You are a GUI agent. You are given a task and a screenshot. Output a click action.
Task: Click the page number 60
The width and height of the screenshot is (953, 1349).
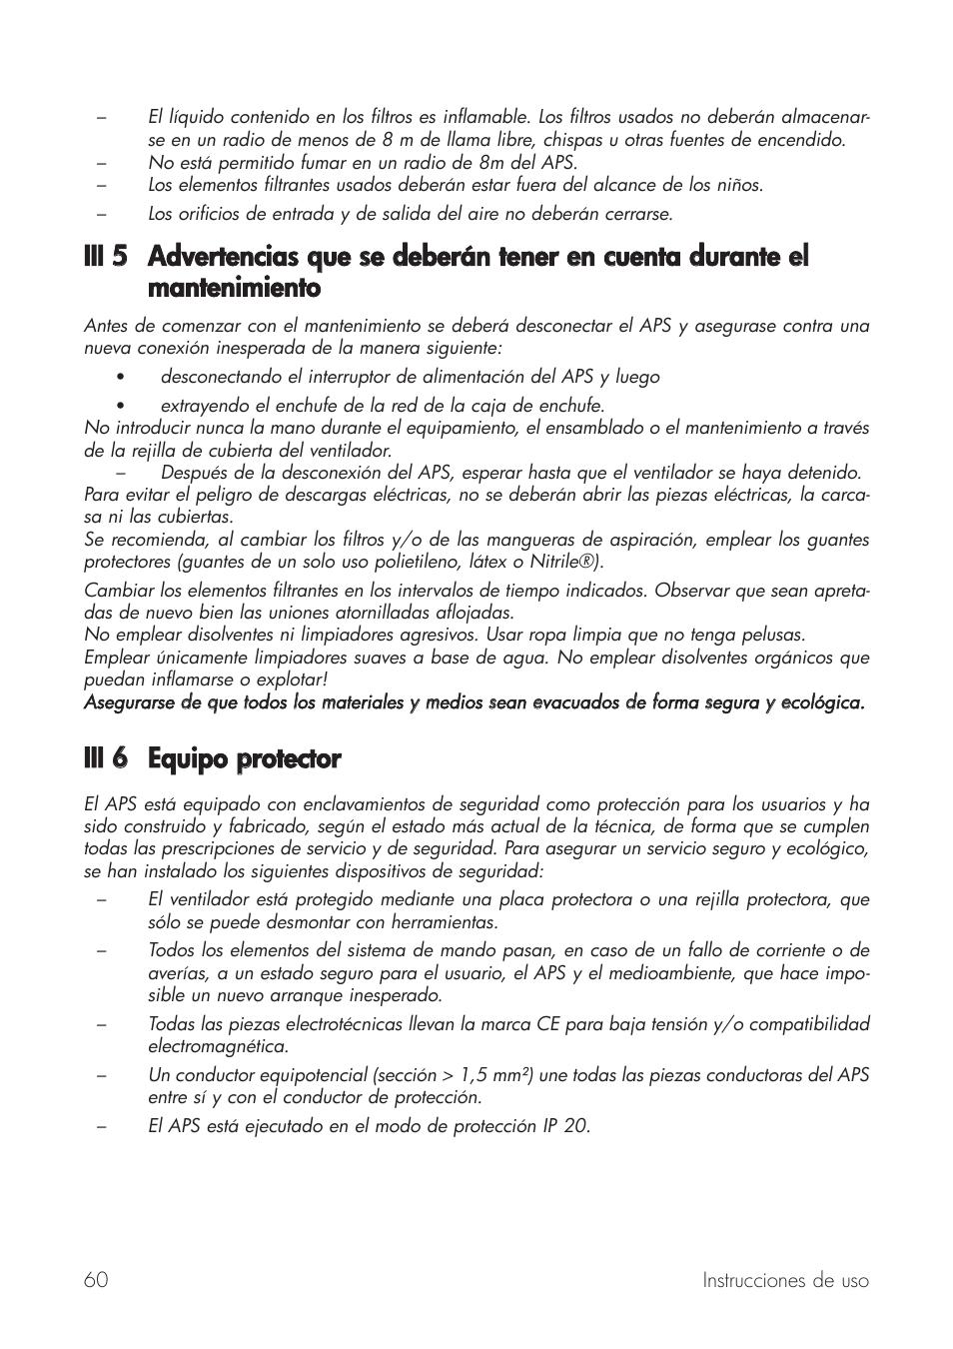tap(96, 1280)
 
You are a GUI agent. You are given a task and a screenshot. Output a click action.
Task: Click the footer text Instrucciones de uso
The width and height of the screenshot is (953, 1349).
tap(784, 1280)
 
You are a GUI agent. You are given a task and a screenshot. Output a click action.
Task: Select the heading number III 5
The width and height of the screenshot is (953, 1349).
tap(106, 257)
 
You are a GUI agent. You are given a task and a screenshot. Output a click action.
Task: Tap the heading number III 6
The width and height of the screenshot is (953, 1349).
tap(106, 758)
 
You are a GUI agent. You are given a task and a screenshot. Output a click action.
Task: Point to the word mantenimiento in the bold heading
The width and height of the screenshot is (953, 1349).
tap(234, 289)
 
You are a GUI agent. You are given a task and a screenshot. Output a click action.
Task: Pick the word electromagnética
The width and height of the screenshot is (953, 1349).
tap(218, 1046)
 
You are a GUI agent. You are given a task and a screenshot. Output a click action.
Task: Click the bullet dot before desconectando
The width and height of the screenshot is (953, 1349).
tap(119, 378)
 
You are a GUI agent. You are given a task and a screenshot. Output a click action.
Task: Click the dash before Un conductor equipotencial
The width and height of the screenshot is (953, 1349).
tap(101, 1075)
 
